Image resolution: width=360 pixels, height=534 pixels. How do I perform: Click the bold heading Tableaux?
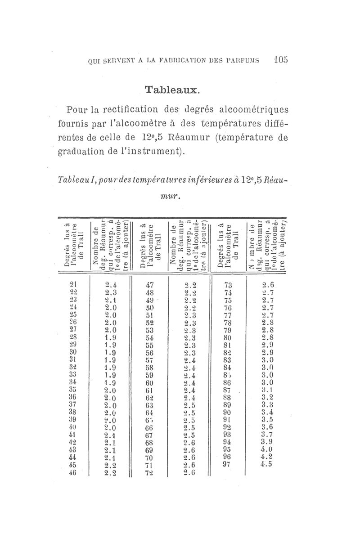coord(170,89)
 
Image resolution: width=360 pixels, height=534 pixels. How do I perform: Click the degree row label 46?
coord(74,473)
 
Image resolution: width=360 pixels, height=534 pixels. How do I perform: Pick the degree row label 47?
coord(150,284)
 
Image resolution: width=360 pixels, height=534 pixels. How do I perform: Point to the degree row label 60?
coord(150,382)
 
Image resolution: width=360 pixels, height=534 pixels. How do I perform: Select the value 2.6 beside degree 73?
coord(269,284)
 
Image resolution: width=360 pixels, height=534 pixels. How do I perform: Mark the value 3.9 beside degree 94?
coord(268,443)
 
